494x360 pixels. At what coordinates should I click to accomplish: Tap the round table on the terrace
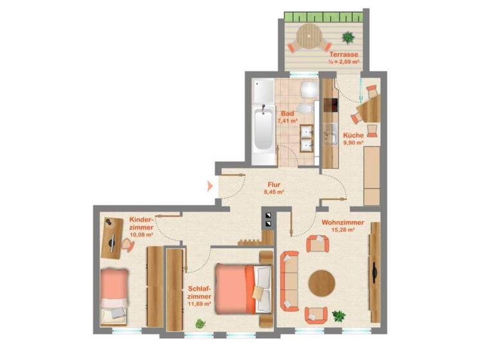coord(310,37)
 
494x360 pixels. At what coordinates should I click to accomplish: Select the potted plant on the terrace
coord(349,37)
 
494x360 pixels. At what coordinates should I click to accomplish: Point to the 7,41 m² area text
coord(287,120)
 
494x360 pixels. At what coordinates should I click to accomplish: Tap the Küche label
coord(353,136)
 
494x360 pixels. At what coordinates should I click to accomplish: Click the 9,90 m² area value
coord(354,143)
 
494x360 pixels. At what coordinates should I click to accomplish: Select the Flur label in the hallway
coord(274,184)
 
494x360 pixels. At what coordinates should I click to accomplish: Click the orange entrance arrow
coord(210,187)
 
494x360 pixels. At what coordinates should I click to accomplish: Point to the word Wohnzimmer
coord(343,223)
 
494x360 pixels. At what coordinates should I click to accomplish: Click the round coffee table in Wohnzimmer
coord(322,282)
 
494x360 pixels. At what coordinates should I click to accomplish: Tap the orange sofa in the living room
coord(290,280)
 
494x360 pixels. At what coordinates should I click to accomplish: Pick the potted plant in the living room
coord(338,316)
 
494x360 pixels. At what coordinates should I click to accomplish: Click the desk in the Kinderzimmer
coord(113,237)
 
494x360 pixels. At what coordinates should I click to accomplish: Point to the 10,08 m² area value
coord(142,235)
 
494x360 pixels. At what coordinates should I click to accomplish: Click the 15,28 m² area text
coord(343,230)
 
